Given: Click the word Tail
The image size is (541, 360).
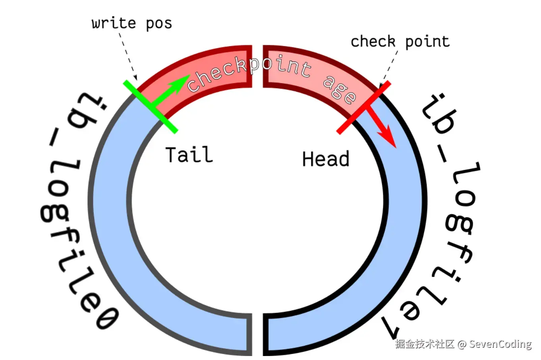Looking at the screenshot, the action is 189,155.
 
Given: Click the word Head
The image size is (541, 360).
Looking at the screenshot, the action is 326,159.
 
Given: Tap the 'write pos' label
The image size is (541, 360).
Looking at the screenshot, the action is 132,23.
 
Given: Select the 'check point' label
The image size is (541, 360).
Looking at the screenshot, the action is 400,41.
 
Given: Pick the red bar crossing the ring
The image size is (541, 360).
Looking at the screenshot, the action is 363,108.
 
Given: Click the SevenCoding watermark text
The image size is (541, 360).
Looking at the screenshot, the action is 500,344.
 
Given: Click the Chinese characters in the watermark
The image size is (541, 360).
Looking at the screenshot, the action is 425,344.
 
